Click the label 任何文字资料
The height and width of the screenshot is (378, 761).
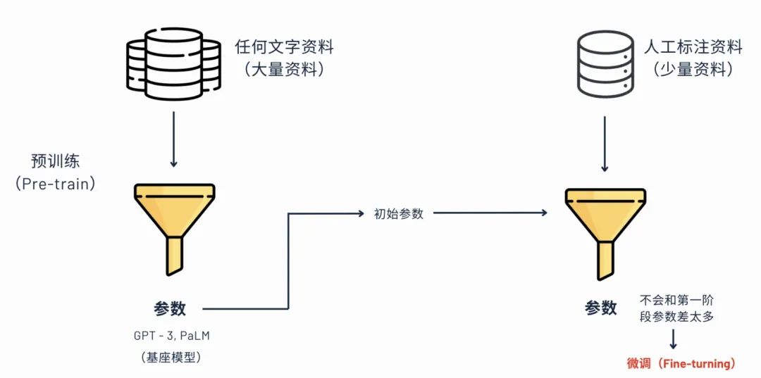pyautogui.click(x=284, y=48)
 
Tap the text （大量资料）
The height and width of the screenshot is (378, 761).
pyautogui.click(x=284, y=70)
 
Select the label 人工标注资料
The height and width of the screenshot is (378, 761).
pyautogui.click(x=693, y=48)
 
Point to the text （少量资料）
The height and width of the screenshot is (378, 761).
pyautogui.click(x=693, y=70)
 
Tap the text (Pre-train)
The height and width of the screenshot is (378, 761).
pyautogui.click(x=55, y=184)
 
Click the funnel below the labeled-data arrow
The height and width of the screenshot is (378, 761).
pyautogui.click(x=605, y=231)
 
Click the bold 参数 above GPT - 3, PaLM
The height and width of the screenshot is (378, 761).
pyautogui.click(x=170, y=308)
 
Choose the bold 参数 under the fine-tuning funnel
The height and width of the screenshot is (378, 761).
pyautogui.click(x=600, y=308)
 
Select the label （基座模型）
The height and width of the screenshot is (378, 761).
pyautogui.click(x=172, y=358)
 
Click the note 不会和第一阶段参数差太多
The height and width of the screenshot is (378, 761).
pyautogui.click(x=676, y=308)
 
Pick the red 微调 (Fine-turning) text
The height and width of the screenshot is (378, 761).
pyautogui.click(x=681, y=363)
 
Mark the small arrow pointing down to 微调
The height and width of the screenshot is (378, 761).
pyautogui.click(x=673, y=340)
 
